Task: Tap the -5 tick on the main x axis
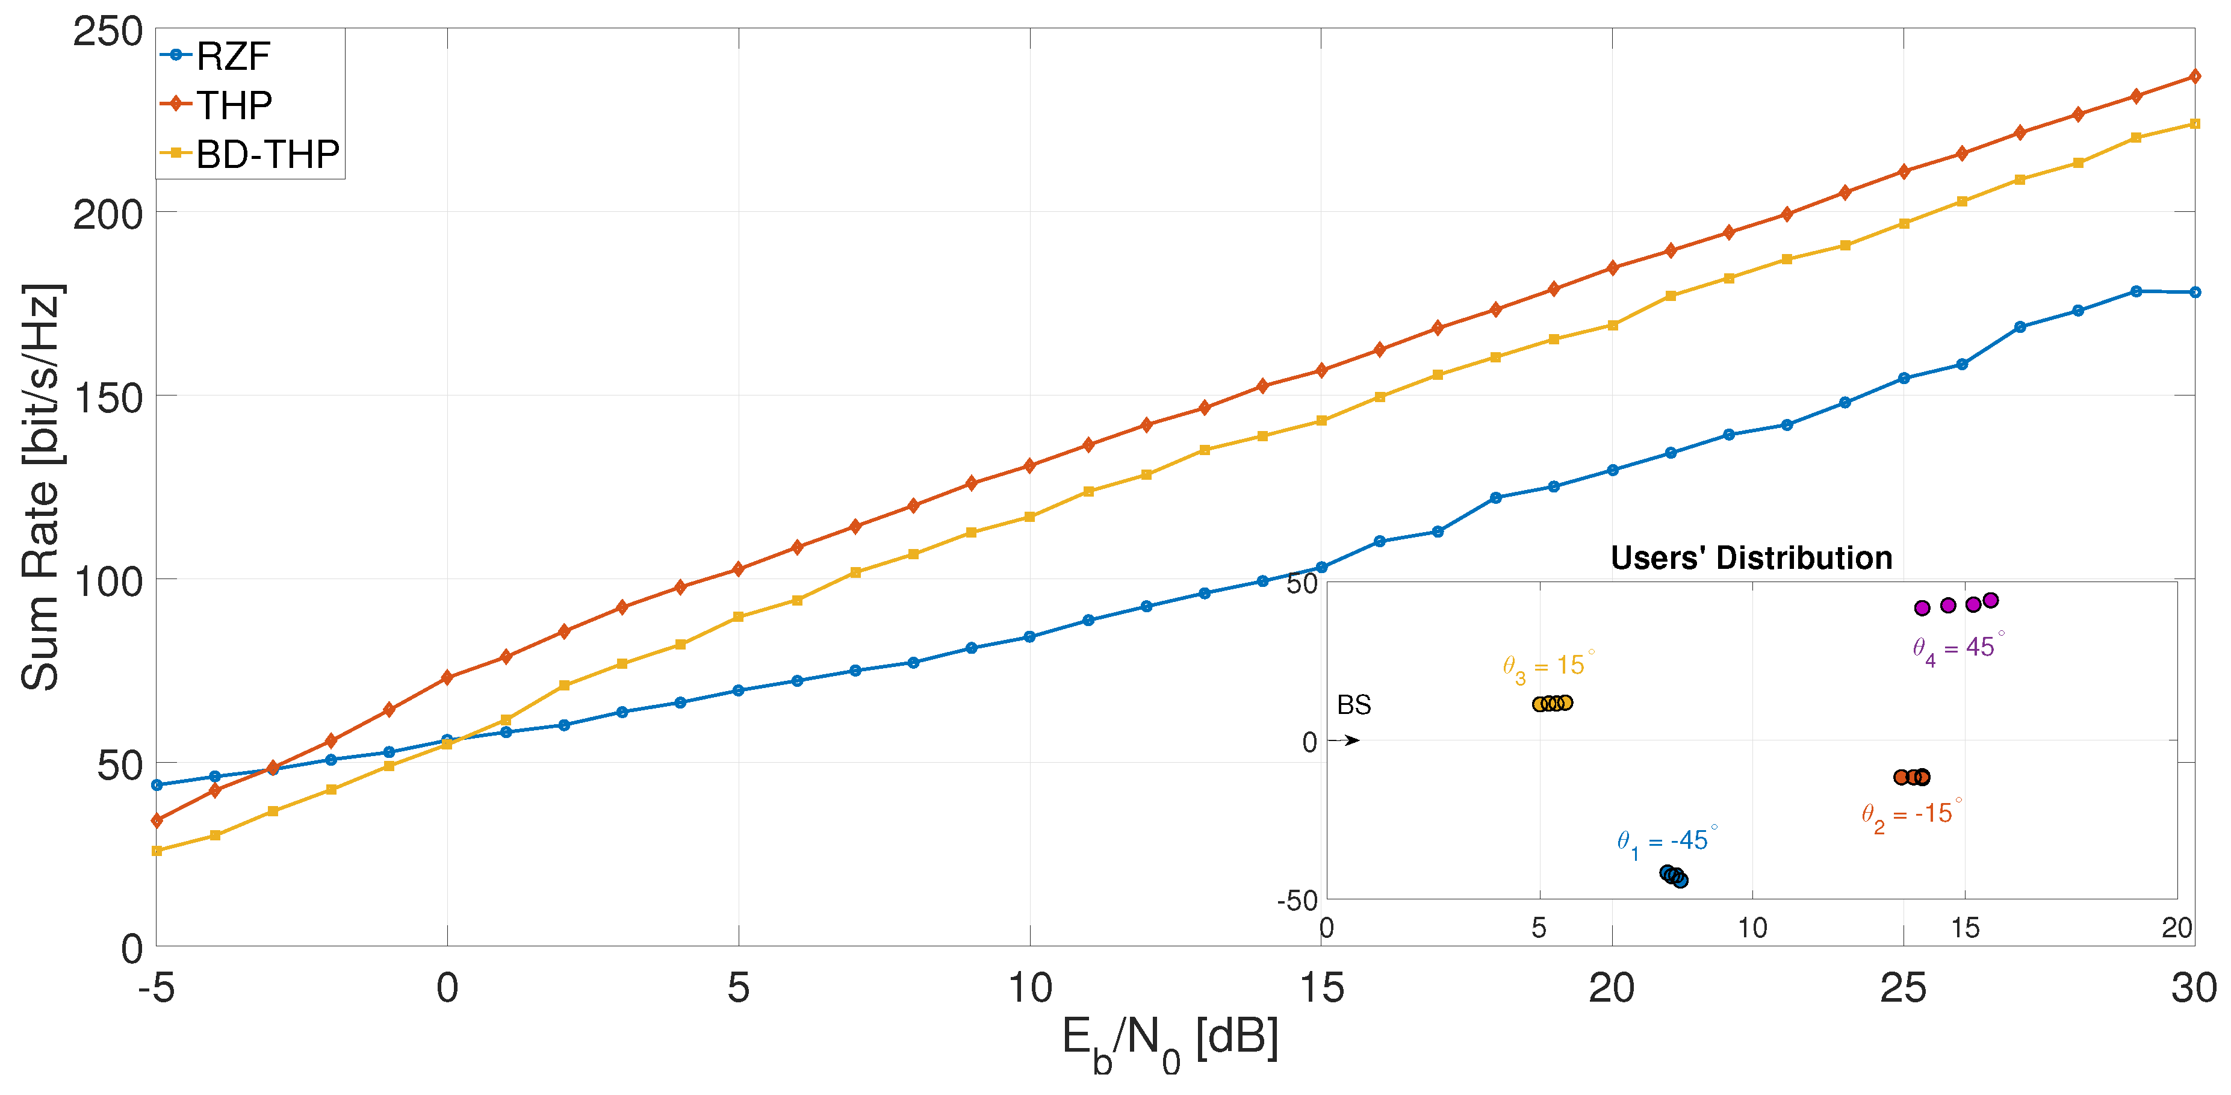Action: pyautogui.click(x=156, y=988)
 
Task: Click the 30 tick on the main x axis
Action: pyautogui.click(x=2193, y=988)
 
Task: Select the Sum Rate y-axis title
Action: pyautogui.click(x=41, y=487)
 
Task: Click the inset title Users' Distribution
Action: pyautogui.click(x=1751, y=558)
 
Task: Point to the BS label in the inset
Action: pyautogui.click(x=1354, y=705)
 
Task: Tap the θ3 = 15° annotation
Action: pyautogui.click(x=1548, y=667)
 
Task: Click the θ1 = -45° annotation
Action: pyautogui.click(x=1666, y=842)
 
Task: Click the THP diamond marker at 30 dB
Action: pyautogui.click(x=2194, y=76)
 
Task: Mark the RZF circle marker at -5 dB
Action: pyautogui.click(x=157, y=785)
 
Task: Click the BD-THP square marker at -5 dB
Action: pyautogui.click(x=157, y=851)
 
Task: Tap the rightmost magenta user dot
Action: pyautogui.click(x=1990, y=600)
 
